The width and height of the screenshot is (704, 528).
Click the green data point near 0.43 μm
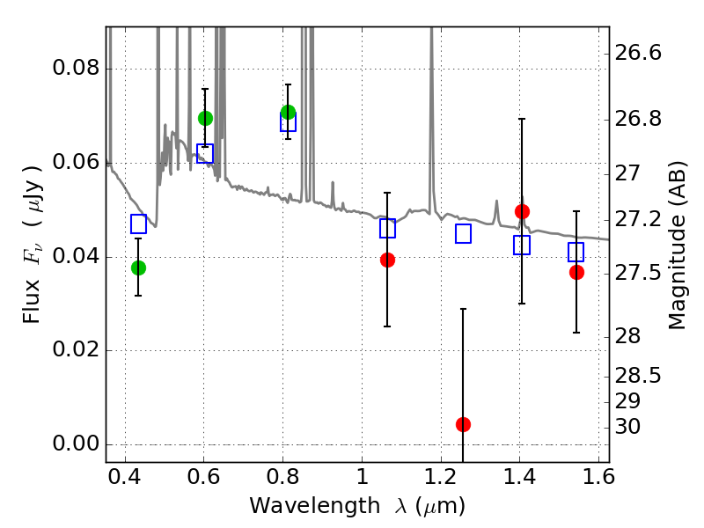coord(138,268)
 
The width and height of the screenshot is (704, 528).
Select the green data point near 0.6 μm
coord(205,118)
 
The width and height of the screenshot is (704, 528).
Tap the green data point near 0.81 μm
coord(288,112)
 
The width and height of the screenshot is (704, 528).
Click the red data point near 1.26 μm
coord(463,424)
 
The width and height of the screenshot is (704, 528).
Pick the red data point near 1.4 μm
coord(522,211)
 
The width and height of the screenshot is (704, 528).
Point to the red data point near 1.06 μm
coord(387,260)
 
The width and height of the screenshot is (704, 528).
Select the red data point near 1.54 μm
coord(576,272)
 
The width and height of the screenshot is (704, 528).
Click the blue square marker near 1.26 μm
coord(463,234)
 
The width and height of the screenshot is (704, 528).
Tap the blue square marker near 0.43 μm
coord(138,224)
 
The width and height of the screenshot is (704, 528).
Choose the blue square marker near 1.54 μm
coord(576,253)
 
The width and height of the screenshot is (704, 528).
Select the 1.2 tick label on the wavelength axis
coord(440,480)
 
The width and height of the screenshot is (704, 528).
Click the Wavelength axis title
coord(356,506)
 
